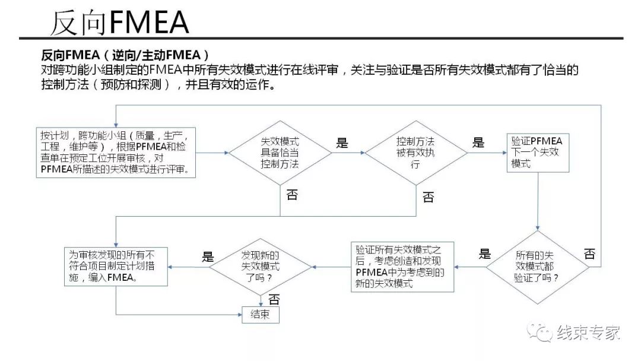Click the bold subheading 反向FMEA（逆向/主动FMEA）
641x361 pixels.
[x=125, y=55]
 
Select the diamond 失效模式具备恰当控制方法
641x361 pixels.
[x=280, y=153]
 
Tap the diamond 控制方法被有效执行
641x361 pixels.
[x=415, y=153]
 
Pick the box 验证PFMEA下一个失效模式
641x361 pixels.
[x=537, y=152]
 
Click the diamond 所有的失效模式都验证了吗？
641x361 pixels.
[x=538, y=267]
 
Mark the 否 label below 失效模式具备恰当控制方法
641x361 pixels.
[x=291, y=195]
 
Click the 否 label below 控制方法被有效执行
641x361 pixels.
[x=428, y=197]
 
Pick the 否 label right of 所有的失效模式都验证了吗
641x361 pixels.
[x=589, y=254]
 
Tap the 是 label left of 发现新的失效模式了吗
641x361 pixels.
[x=208, y=256]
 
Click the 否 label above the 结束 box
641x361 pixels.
[x=274, y=300]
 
